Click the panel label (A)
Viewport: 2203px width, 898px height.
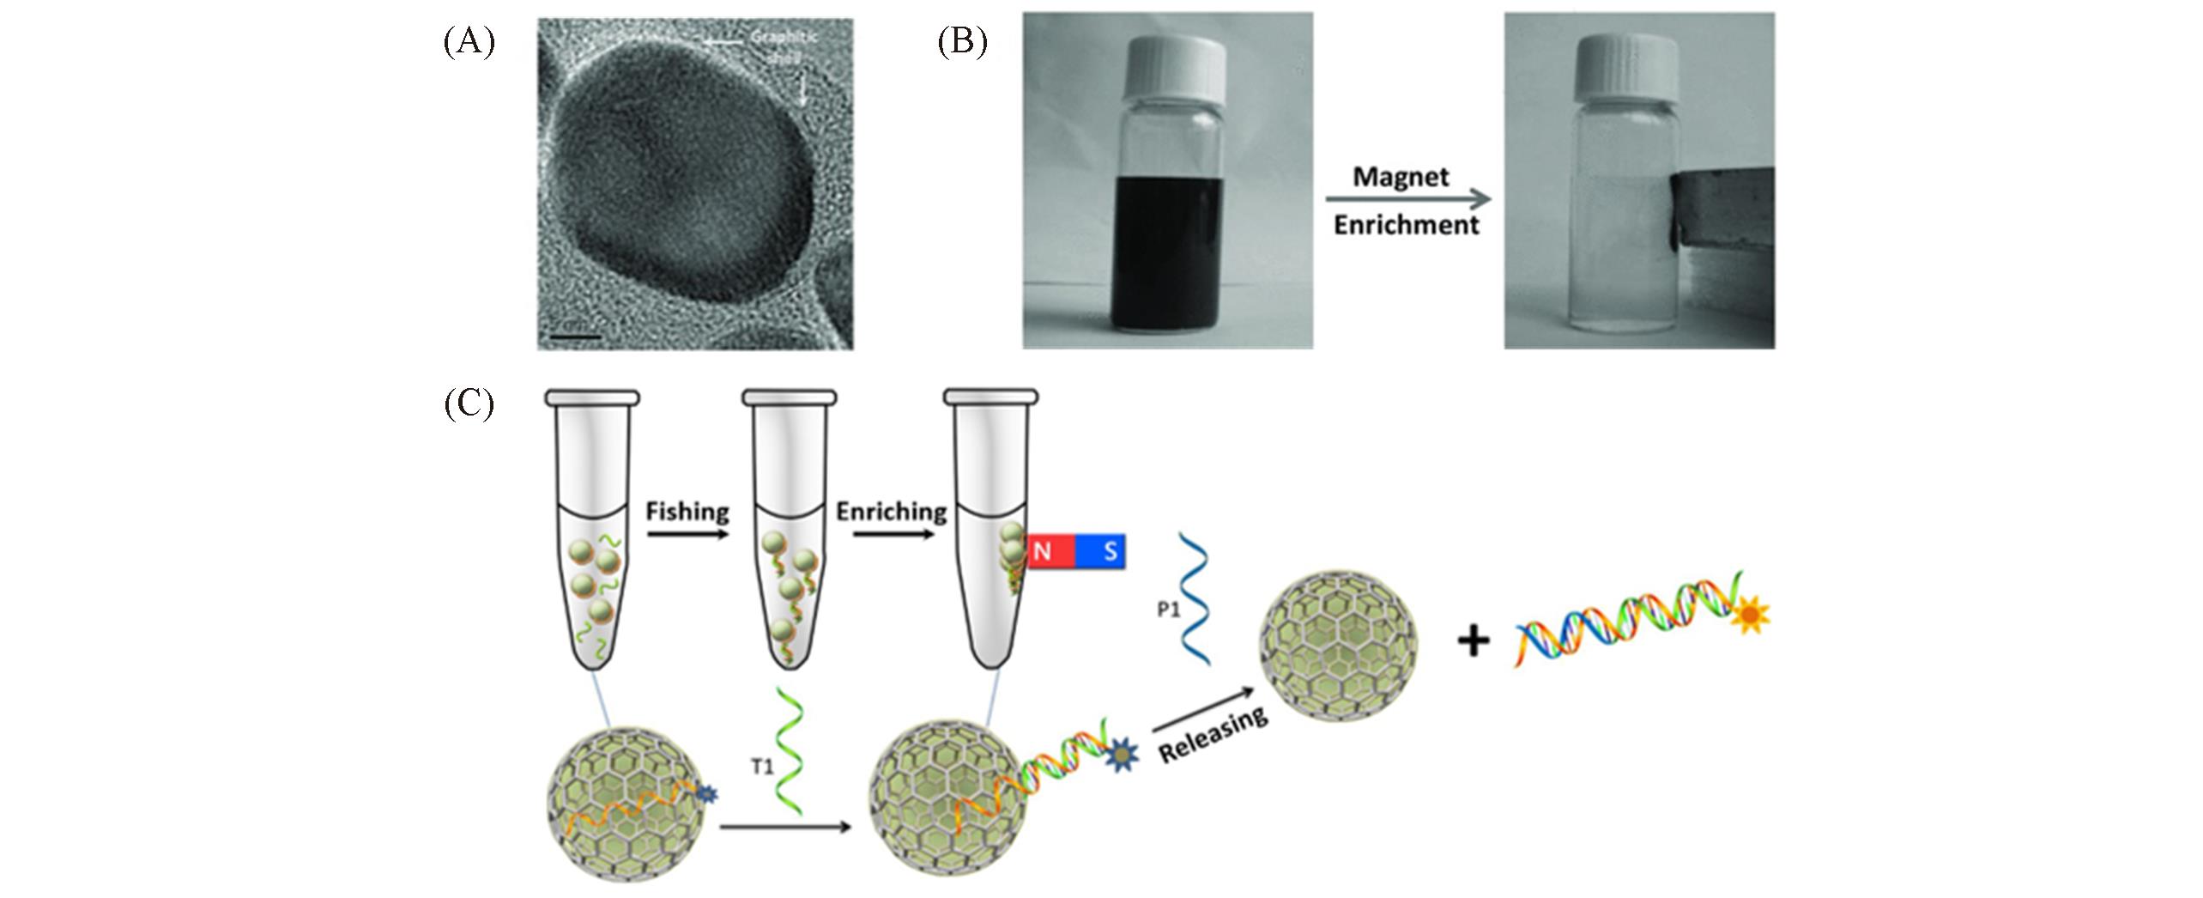coord(469,42)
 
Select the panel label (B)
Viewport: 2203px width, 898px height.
coord(961,42)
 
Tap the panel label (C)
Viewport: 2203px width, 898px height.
coord(469,404)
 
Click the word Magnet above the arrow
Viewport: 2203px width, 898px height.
coord(1400,177)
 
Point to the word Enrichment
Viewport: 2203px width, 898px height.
coord(1406,226)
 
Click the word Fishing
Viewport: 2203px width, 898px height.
coord(687,512)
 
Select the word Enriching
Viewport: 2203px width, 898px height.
coord(891,512)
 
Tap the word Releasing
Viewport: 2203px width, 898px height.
coord(1213,735)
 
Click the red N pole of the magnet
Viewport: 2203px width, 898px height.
coord(1043,550)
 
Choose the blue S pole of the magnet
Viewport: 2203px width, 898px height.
coord(1100,550)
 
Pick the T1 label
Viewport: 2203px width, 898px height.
coord(763,767)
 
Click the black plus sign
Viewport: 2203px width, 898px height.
coord(1473,641)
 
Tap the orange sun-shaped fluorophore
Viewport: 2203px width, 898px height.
coord(1748,616)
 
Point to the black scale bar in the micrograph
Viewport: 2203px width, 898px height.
coord(574,336)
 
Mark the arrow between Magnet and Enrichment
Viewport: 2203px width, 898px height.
coord(1407,201)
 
